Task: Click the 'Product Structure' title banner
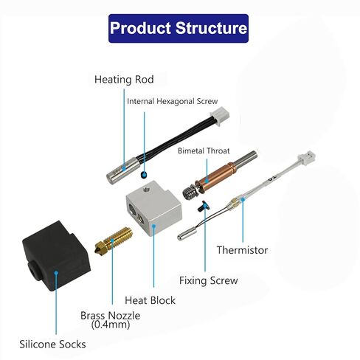tap(179, 28)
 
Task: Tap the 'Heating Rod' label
tap(124, 80)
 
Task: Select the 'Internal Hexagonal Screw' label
tap(173, 101)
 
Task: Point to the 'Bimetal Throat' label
tap(204, 150)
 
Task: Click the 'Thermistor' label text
tap(242, 250)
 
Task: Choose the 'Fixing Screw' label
tap(208, 280)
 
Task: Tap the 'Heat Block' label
tap(150, 300)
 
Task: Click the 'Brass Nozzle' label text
tap(111, 316)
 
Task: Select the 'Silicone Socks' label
tap(52, 345)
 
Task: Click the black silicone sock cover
tap(56, 257)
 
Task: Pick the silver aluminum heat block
tap(154, 208)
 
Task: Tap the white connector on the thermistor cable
tap(307, 159)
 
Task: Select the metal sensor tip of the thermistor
tap(187, 234)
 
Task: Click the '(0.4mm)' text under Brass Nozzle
tap(111, 325)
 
